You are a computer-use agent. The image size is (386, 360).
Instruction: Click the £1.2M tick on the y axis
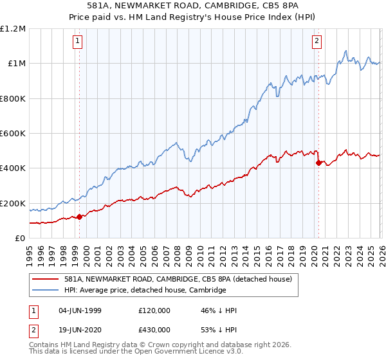(13, 28)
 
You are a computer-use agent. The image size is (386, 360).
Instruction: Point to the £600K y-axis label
(13, 134)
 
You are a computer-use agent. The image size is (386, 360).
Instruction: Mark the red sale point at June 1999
(80, 217)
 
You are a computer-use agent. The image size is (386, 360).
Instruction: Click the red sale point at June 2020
(318, 163)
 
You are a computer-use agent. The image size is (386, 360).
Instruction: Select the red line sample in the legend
(47, 279)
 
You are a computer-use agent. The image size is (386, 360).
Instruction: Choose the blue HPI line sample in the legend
(47, 291)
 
